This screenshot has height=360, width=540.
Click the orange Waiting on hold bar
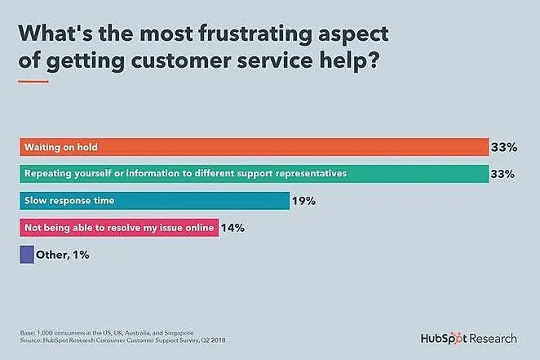point(253,147)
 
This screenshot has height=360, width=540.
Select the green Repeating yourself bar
point(253,173)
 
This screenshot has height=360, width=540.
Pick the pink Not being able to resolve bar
point(118,228)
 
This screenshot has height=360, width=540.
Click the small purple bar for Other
point(26,255)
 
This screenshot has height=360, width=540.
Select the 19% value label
point(303,201)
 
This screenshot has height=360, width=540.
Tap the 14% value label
point(232,228)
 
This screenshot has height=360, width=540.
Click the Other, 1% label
point(63,255)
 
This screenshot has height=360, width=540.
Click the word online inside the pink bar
point(200,228)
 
